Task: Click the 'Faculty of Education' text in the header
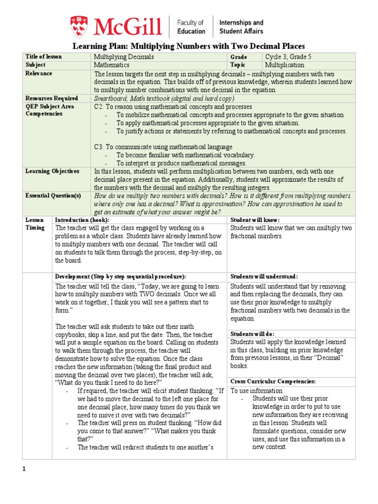tap(191, 27)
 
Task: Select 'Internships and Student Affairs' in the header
tap(241, 27)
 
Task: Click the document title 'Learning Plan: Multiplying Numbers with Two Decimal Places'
tap(189, 46)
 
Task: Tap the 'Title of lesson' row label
tap(44, 57)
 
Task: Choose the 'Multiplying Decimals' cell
tap(124, 57)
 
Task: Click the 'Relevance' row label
tap(39, 73)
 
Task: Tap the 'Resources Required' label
tap(52, 98)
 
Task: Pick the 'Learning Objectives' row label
tap(52, 171)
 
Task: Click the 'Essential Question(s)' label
tap(53, 195)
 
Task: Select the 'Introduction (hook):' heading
tap(82, 220)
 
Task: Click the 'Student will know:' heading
tap(255, 220)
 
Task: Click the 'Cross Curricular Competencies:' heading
tap(273, 381)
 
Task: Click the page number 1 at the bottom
tap(23, 469)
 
